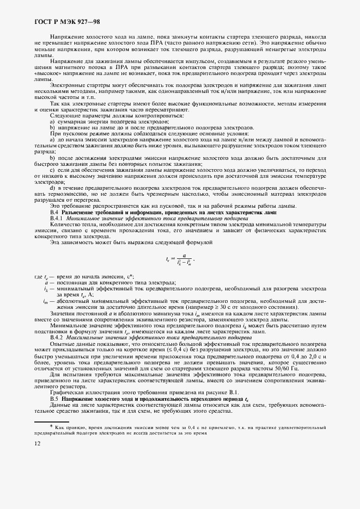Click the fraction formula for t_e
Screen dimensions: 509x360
pos(180,260)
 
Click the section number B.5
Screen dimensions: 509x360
pos(54,399)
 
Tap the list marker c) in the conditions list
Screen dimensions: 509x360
pos(52,170)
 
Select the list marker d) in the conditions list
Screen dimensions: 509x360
pos(52,188)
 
